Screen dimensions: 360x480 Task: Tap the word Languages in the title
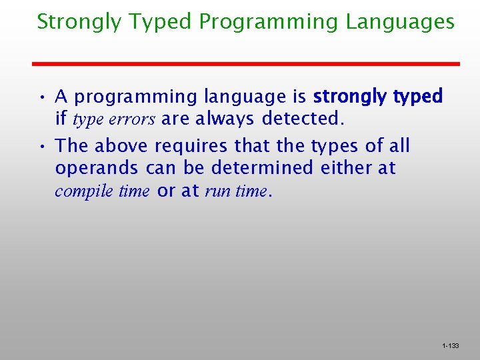pyautogui.click(x=400, y=23)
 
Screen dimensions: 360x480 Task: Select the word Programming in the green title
pyautogui.click(x=269, y=23)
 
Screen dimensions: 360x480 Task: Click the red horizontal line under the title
pyautogui.click(x=247, y=63)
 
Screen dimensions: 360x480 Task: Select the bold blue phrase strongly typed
pyautogui.click(x=377, y=97)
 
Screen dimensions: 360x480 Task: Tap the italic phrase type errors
pyautogui.click(x=113, y=120)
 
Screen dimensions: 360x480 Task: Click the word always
pyautogui.click(x=223, y=120)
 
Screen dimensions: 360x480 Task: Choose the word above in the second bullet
pyautogui.click(x=123, y=145)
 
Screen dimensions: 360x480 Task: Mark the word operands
pyautogui.click(x=97, y=169)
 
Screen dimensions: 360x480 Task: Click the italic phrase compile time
pyautogui.click(x=102, y=191)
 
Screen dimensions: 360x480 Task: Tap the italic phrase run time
pyautogui.click(x=235, y=191)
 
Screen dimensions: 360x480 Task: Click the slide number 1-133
pyautogui.click(x=450, y=346)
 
